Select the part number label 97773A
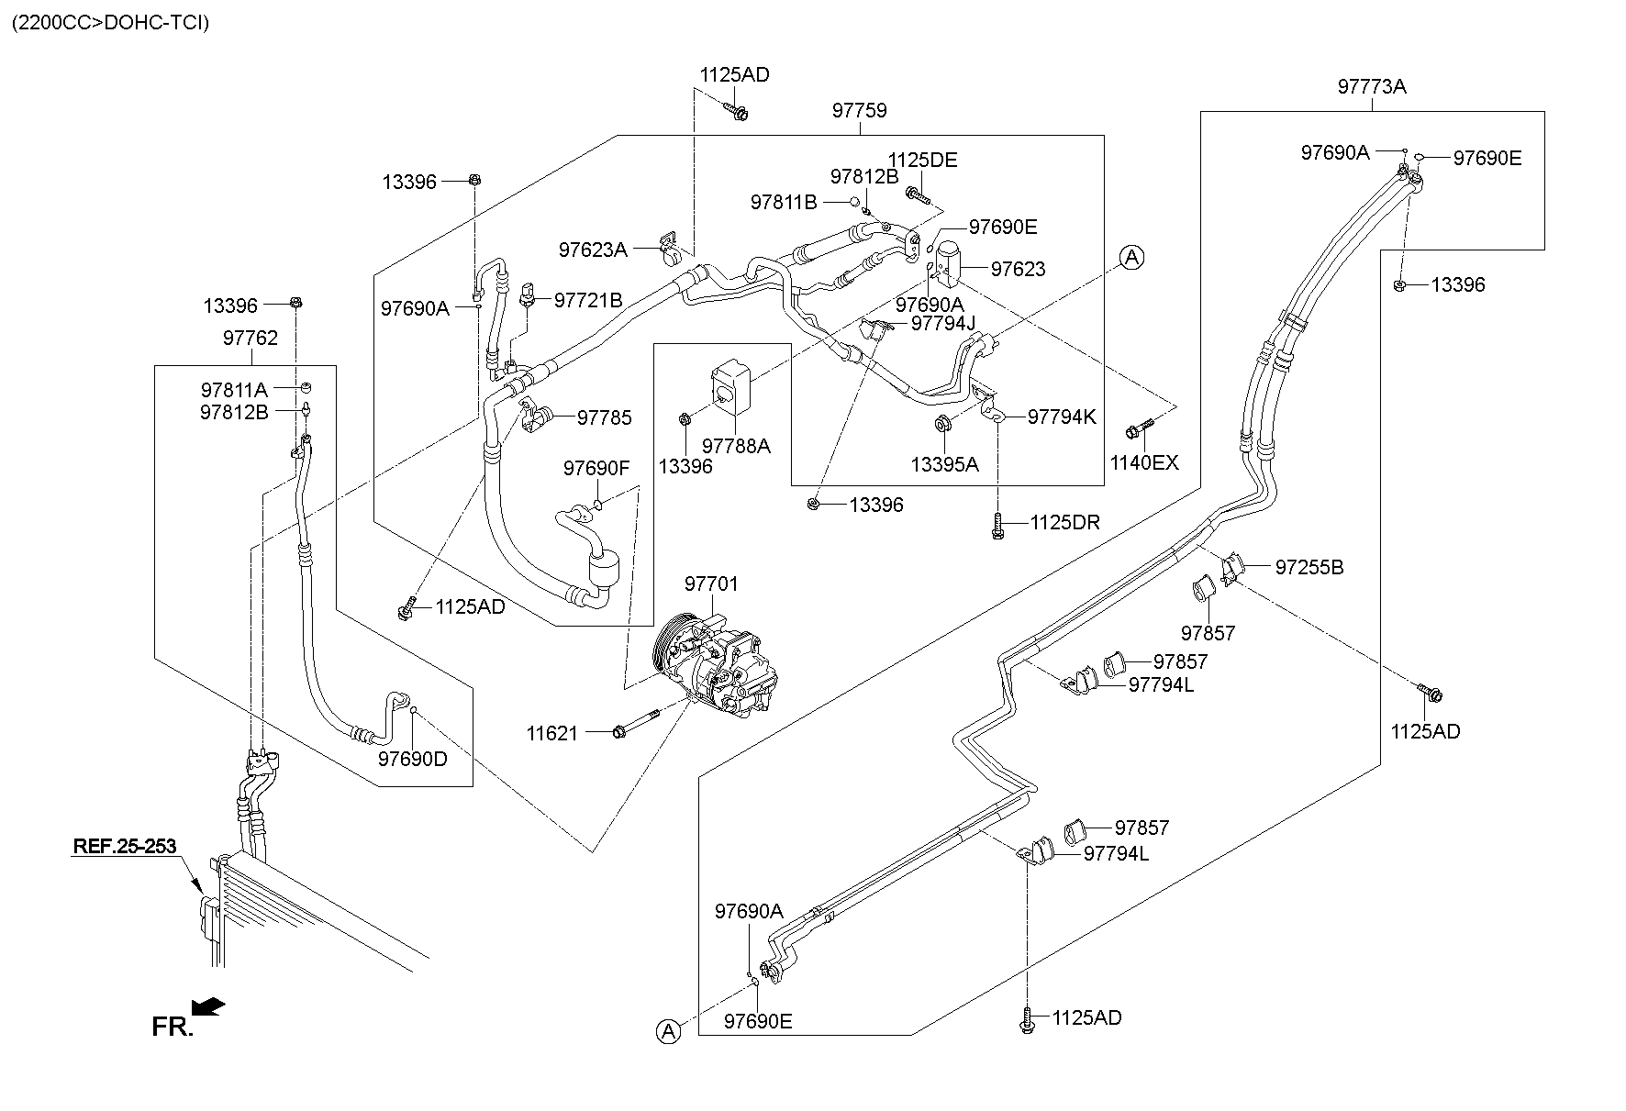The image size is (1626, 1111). (x=1372, y=87)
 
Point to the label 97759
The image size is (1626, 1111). (x=860, y=111)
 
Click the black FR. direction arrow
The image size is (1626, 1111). (x=211, y=1006)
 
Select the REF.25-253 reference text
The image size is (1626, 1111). (x=124, y=846)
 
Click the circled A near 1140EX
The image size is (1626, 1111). (x=1132, y=258)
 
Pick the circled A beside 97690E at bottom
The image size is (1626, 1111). (x=669, y=1032)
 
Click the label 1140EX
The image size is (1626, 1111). (x=1143, y=462)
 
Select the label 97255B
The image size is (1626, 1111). (x=1309, y=568)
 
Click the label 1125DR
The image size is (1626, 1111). (x=1064, y=523)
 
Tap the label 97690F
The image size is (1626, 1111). (x=596, y=469)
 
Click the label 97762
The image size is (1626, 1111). (x=250, y=338)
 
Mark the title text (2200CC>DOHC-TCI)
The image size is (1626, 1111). (x=110, y=23)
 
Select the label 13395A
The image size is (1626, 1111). (x=944, y=465)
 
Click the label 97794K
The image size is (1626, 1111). (x=1062, y=417)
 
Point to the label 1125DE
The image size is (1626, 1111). (x=922, y=161)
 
